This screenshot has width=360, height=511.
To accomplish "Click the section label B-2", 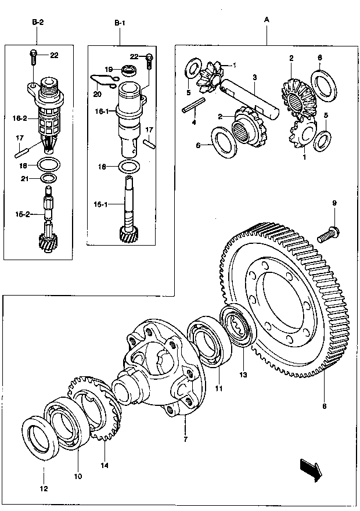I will point(38,22).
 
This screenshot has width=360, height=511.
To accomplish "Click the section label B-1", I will point(119,22).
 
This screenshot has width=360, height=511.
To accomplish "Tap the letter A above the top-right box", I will point(267,20).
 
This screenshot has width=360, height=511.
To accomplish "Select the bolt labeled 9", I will point(329,233).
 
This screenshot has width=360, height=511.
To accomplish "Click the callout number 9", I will point(334,203).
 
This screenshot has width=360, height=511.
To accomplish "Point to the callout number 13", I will point(243,375).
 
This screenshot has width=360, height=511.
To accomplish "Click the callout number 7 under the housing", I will point(185,440).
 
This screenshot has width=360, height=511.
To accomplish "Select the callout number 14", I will point(105,465).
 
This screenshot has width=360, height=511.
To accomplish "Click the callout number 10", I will point(78,476).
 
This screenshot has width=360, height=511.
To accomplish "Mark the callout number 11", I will point(219,388).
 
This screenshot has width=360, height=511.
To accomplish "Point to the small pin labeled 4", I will point(195,109).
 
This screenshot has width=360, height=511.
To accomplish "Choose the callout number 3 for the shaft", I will point(254,77).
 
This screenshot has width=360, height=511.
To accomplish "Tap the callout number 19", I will point(109,69).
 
